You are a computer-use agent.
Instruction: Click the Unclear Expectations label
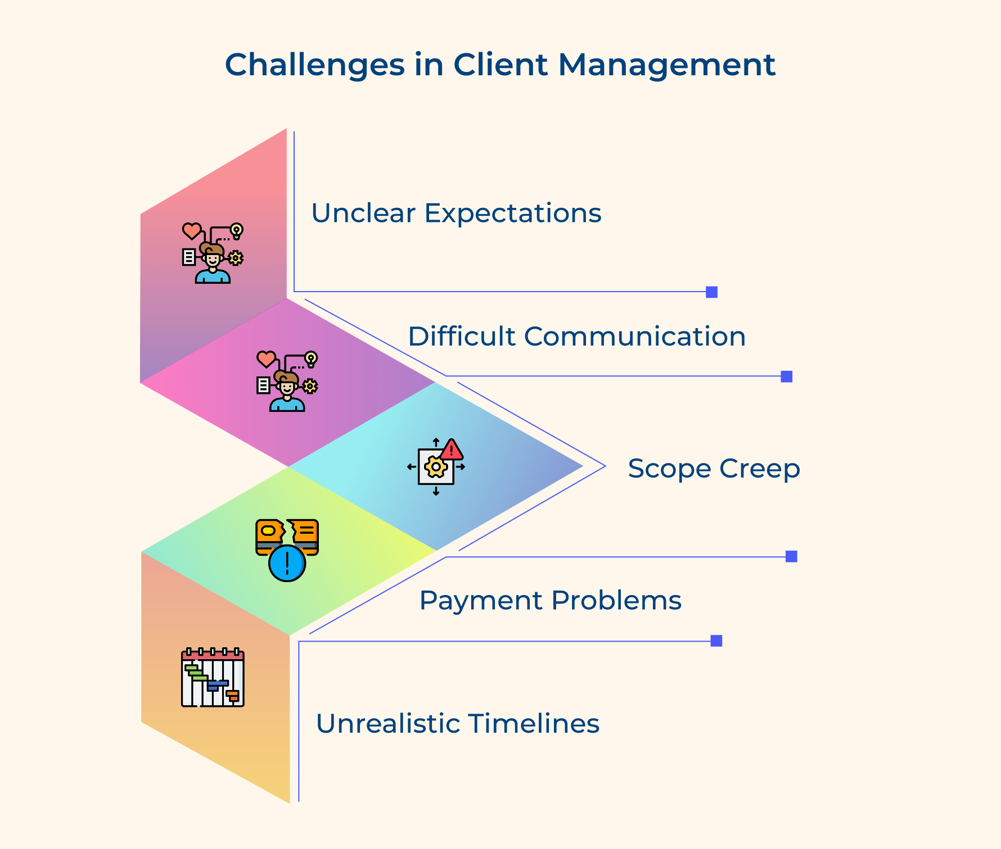tap(456, 214)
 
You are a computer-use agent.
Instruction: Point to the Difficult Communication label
tap(576, 337)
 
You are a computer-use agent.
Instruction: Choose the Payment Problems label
tap(550, 600)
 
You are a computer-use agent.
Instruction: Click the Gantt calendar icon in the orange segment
tap(213, 678)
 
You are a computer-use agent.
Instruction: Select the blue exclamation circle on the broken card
tap(287, 563)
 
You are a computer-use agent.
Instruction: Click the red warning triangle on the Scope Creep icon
tap(452, 450)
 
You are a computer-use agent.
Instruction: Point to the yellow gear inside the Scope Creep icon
tap(436, 467)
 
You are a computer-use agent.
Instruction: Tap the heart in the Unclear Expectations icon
tap(192, 231)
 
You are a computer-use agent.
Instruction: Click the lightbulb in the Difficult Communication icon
tap(311, 358)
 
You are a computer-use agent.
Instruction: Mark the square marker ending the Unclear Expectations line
tap(711, 292)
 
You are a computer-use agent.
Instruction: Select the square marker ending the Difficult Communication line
tap(786, 376)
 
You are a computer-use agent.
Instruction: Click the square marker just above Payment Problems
tap(791, 556)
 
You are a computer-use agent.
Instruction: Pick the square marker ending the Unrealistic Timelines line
tap(716, 641)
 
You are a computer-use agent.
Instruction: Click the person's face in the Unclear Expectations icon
tap(213, 260)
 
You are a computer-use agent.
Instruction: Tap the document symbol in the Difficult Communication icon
tap(263, 385)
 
